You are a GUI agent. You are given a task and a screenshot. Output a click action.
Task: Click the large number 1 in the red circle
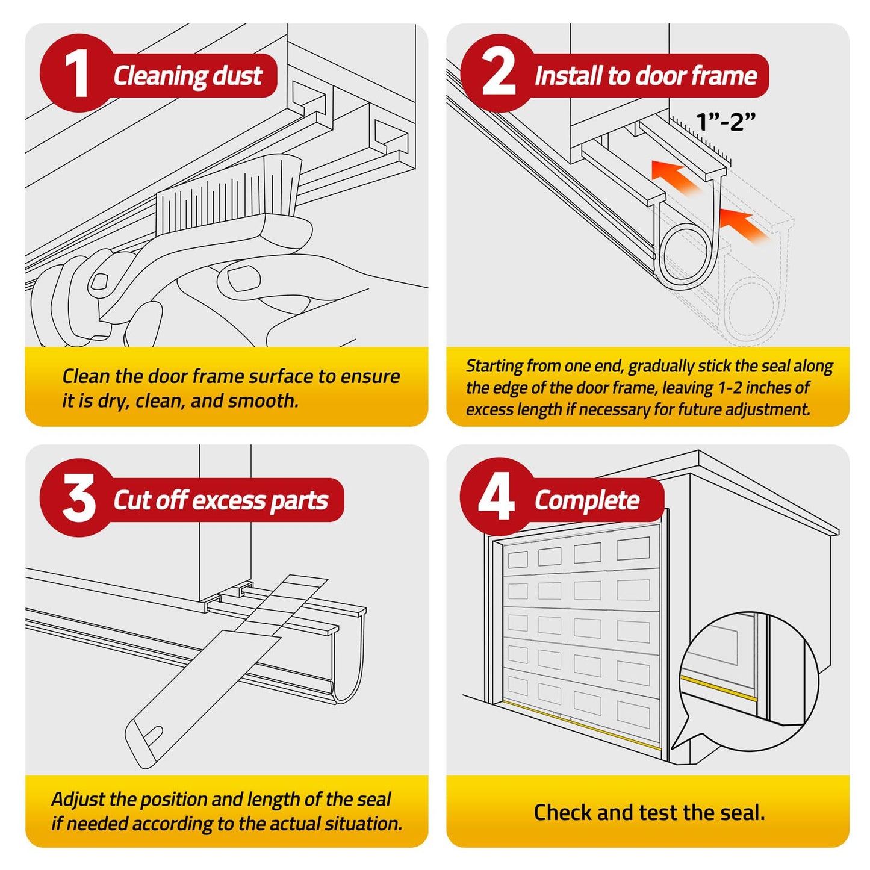pos(76,73)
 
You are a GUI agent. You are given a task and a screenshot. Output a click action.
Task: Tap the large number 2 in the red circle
pos(499,73)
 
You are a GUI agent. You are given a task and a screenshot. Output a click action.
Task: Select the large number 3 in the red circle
pos(78,498)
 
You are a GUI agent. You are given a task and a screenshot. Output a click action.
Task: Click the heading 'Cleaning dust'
pos(188,76)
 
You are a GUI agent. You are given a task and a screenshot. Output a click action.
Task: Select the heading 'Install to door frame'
pos(645,76)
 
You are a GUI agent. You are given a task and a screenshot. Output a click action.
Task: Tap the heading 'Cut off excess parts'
pos(220,500)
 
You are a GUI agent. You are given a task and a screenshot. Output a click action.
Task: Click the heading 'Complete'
pos(587,500)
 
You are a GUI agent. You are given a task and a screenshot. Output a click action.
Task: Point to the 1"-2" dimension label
pos(725,122)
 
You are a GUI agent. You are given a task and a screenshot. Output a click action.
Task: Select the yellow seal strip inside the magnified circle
pos(718,688)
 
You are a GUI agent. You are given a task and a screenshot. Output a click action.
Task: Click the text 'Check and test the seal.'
pos(649,812)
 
